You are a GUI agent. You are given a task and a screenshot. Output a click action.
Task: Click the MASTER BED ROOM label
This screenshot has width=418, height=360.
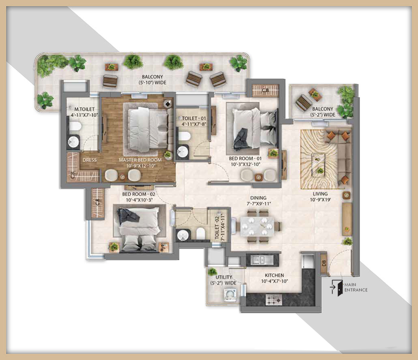(x=140, y=160)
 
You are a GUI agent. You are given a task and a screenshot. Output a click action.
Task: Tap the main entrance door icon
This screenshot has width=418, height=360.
(x=337, y=288)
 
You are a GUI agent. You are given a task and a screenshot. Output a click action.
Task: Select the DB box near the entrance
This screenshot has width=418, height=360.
(x=324, y=263)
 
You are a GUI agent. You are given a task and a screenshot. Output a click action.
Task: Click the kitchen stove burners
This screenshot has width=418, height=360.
(x=274, y=300)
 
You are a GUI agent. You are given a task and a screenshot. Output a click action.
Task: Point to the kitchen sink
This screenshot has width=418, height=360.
(x=257, y=259)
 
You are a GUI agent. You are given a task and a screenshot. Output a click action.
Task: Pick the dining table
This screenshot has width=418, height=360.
(x=257, y=226)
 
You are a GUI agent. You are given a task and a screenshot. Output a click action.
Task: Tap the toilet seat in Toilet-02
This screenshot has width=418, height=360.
(x=200, y=233)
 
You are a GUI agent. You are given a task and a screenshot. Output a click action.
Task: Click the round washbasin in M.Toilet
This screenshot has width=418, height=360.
(x=73, y=142)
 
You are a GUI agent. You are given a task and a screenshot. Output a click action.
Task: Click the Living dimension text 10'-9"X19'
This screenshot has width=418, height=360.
(x=320, y=200)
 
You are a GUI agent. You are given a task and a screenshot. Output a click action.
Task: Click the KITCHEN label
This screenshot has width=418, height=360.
(x=274, y=275)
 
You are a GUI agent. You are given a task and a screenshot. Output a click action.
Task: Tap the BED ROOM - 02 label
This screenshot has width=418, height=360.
(x=139, y=194)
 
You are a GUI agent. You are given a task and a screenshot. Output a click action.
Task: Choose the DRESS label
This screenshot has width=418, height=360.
(x=89, y=160)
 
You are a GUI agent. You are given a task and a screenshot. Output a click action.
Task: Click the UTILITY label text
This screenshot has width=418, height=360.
(x=224, y=277)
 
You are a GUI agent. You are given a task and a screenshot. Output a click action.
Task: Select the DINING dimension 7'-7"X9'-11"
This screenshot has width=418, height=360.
(x=258, y=204)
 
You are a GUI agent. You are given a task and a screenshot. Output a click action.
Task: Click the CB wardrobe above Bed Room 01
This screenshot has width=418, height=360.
(x=265, y=91)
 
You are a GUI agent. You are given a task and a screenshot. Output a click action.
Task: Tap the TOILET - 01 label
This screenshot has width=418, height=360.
(x=194, y=118)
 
